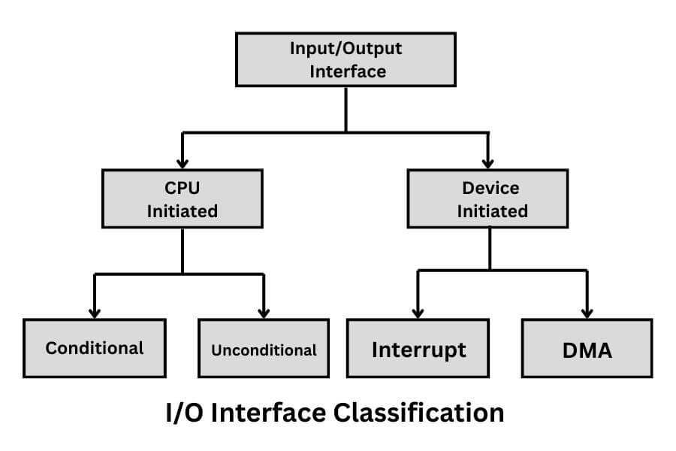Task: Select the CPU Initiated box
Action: click(183, 198)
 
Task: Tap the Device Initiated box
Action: click(489, 198)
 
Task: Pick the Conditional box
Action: click(95, 348)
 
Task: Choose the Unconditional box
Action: click(264, 348)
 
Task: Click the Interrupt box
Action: click(419, 348)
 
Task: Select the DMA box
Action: click(587, 348)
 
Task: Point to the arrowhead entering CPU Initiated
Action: click(183, 162)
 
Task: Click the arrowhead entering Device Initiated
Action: click(489, 162)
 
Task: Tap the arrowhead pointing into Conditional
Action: click(95, 311)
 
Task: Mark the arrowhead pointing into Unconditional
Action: click(264, 311)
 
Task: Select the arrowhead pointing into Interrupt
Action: click(419, 311)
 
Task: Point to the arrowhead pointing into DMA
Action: click(587, 311)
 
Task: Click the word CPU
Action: click(183, 188)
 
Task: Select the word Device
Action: click(489, 188)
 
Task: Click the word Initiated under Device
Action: click(489, 211)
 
